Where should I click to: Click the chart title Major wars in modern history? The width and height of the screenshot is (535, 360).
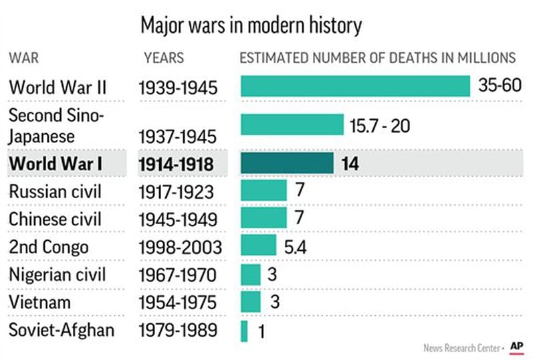tap(251, 26)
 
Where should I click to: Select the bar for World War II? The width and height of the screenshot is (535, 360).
tap(355, 86)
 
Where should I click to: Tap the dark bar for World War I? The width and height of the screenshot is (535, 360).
tap(286, 164)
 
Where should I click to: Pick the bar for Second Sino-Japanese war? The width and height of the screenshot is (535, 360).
tap(292, 125)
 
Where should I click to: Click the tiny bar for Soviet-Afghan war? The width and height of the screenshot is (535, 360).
tap(244, 331)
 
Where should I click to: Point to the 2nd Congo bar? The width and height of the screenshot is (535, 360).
tap(258, 246)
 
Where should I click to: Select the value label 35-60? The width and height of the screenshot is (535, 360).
tap(500, 86)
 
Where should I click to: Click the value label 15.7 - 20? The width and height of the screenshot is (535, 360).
tap(380, 125)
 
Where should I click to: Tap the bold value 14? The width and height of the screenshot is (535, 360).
tap(350, 164)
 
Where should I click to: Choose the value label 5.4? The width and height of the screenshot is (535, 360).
tap(296, 246)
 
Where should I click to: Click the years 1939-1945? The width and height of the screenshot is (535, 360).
tap(178, 88)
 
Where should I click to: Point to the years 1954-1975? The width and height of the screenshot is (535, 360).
tap(178, 302)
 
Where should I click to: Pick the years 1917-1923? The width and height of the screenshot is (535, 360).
tap(178, 192)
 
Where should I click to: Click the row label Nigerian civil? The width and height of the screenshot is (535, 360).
tap(58, 274)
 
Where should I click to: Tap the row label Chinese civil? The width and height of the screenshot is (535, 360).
tap(55, 219)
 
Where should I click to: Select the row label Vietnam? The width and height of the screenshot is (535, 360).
tap(40, 302)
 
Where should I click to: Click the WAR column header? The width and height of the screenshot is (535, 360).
tap(23, 58)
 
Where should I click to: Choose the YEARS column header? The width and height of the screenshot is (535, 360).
tap(164, 58)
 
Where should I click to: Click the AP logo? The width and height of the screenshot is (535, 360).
tap(516, 346)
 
